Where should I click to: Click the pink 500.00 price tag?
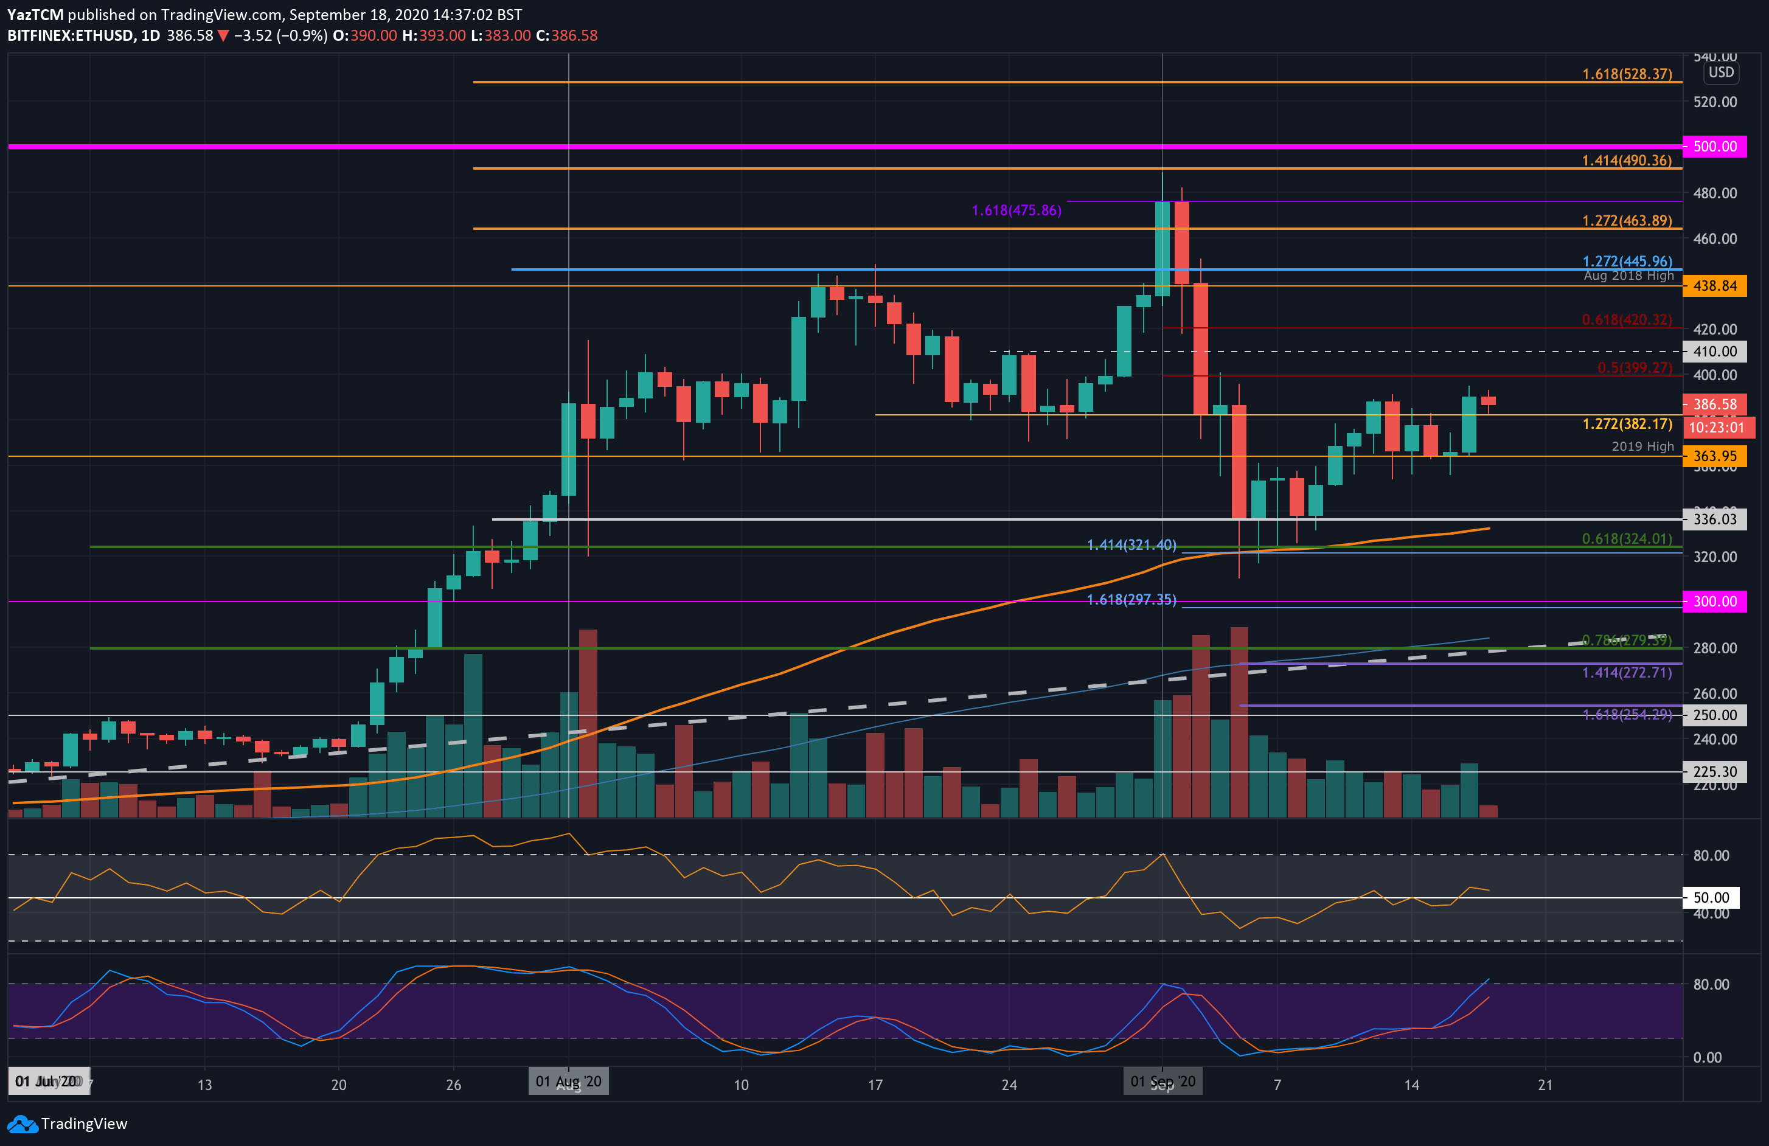[1714, 147]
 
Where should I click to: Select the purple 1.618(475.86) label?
[1016, 210]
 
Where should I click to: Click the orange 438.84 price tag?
[1714, 285]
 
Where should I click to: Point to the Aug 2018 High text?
[1628, 276]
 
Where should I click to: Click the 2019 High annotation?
[1642, 446]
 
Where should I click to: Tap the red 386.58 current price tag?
[1714, 405]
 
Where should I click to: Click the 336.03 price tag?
[1714, 519]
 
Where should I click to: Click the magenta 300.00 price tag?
[1714, 601]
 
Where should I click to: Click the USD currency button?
[1721, 72]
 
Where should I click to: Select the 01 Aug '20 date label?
[569, 1082]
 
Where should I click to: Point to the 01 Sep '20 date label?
[1163, 1082]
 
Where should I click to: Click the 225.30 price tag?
[1714, 771]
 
